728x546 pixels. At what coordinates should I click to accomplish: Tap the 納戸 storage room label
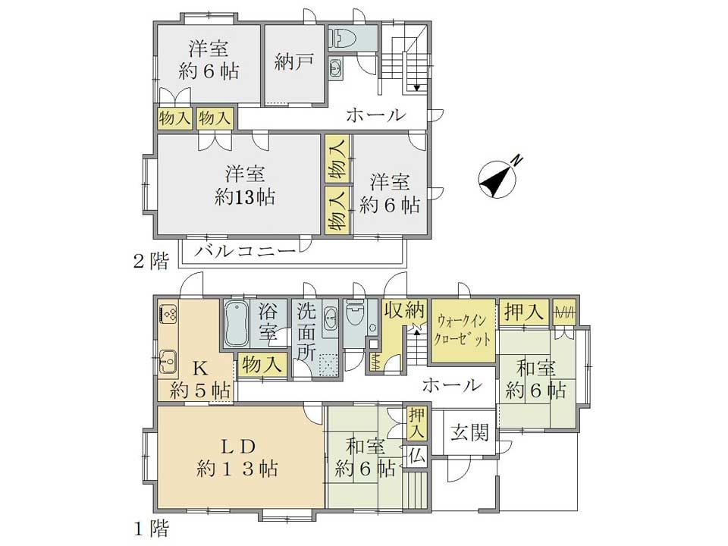coord(294,61)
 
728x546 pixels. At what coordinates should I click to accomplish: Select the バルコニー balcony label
coord(245,252)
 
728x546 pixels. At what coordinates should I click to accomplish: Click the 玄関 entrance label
coord(470,433)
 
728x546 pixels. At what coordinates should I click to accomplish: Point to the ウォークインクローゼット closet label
coord(463,330)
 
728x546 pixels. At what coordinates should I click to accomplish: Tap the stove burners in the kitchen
coord(168,312)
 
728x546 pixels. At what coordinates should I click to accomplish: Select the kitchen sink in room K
coord(168,360)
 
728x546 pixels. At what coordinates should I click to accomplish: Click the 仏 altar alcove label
coord(417,457)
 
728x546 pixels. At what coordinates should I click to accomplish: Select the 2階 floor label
coord(150,262)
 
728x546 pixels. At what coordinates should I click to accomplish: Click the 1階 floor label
coord(152,529)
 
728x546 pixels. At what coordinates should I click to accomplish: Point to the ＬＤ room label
coord(237,447)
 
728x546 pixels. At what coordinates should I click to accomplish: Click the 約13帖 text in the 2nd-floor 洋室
coord(245,197)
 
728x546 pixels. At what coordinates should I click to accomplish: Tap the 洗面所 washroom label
coord(306,332)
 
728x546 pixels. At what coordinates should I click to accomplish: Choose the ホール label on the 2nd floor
coord(375,115)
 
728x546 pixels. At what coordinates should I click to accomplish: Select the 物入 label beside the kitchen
coord(262,365)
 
